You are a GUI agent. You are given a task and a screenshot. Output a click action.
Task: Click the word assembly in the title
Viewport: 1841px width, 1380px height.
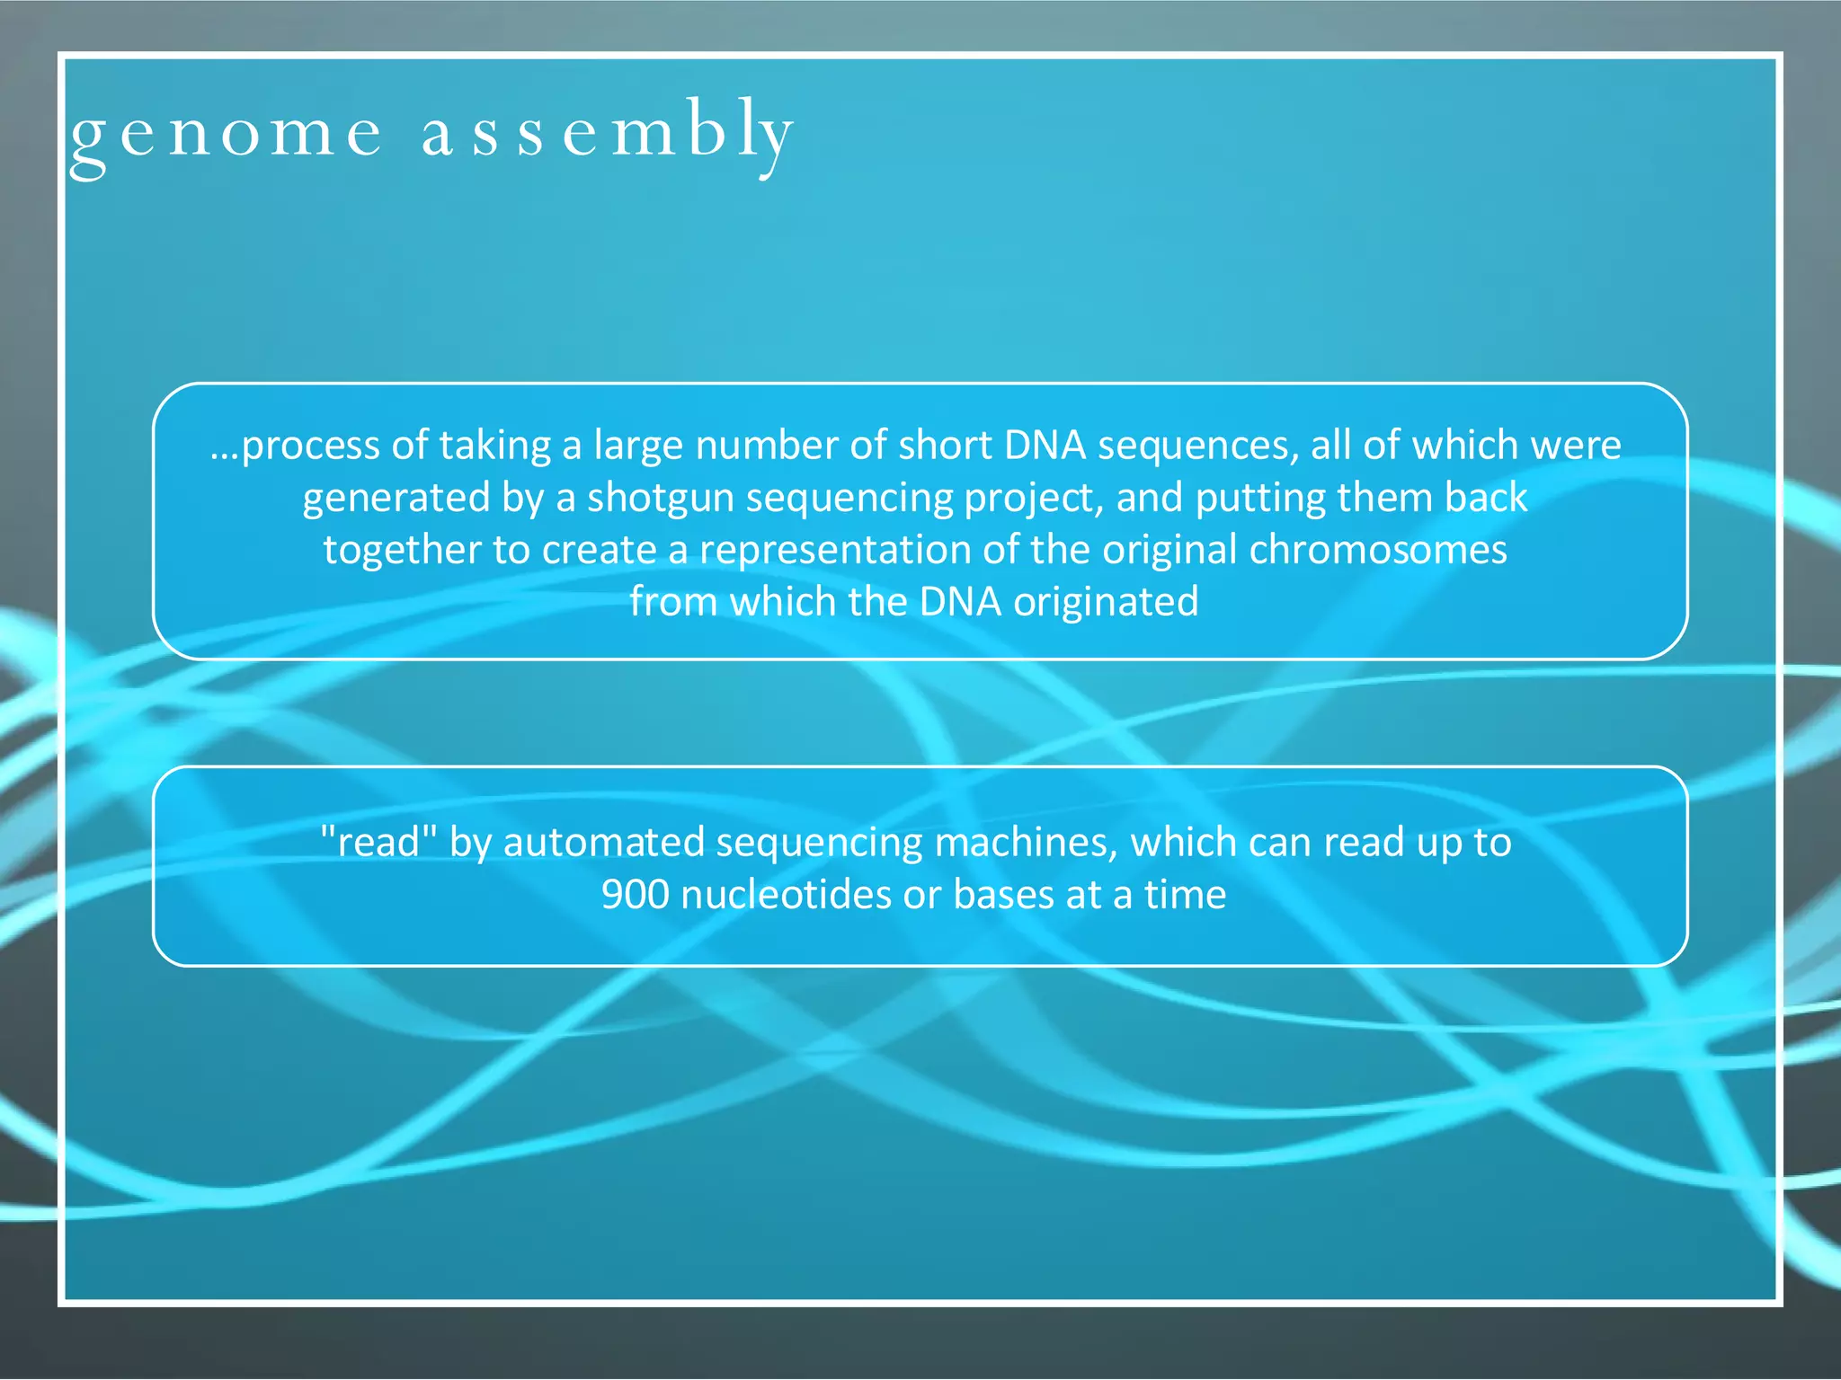coord(607,133)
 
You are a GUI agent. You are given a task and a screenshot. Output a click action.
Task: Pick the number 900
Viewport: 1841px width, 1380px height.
coord(635,895)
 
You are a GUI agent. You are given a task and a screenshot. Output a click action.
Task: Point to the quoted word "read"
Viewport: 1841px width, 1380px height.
coord(378,843)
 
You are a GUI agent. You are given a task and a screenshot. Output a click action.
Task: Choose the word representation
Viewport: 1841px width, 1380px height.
coord(835,550)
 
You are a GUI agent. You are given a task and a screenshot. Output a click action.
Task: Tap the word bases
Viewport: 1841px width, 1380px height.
coord(1003,895)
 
